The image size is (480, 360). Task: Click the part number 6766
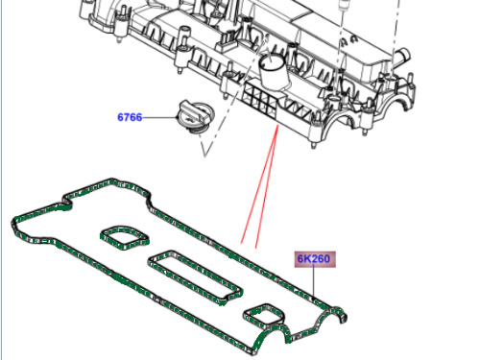[x=130, y=117]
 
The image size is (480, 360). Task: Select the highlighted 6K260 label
[x=315, y=259]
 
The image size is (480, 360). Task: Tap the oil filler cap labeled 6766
[x=195, y=116]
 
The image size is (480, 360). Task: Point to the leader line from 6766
[x=159, y=117]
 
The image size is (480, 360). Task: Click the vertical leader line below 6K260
[x=314, y=282]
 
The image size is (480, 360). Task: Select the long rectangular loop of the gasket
[x=195, y=277]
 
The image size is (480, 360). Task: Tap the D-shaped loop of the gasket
[x=125, y=237]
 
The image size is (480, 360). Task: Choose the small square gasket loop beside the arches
[x=264, y=315]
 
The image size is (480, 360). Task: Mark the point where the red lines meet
[x=277, y=126]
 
